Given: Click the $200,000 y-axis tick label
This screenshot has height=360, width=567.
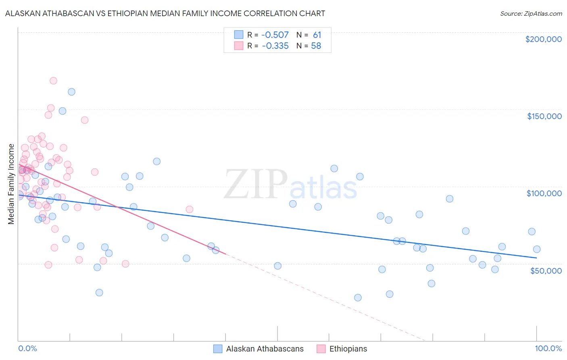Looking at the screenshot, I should [543, 39].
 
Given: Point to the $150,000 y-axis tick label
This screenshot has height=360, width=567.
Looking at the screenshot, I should [544, 116].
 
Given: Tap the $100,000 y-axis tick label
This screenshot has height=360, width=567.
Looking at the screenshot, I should [544, 193].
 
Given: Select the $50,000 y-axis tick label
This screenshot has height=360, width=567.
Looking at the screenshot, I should [546, 270].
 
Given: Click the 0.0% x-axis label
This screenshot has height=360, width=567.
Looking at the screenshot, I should [27, 348].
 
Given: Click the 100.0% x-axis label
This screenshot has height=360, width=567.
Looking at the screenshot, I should [548, 348].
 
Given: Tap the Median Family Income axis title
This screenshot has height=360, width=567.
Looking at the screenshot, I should [11, 184].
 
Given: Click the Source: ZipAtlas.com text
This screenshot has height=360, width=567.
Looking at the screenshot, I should [531, 13].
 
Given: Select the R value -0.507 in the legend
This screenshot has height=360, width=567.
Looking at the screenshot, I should [275, 35].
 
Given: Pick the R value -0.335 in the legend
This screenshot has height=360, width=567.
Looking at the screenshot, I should [275, 46].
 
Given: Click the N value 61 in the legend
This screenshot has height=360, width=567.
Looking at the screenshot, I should [317, 35].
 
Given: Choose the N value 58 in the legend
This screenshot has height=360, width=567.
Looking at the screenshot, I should [316, 46].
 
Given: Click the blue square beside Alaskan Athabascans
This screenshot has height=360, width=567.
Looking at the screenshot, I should [218, 349].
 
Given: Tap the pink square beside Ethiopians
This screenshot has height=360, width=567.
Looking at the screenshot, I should [321, 349].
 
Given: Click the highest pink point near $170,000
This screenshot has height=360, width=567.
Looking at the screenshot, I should [53, 81].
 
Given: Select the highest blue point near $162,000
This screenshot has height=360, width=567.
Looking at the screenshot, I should [71, 92].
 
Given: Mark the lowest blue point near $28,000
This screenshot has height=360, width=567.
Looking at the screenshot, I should [358, 297].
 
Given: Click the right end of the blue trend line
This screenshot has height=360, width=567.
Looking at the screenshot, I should [536, 257].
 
